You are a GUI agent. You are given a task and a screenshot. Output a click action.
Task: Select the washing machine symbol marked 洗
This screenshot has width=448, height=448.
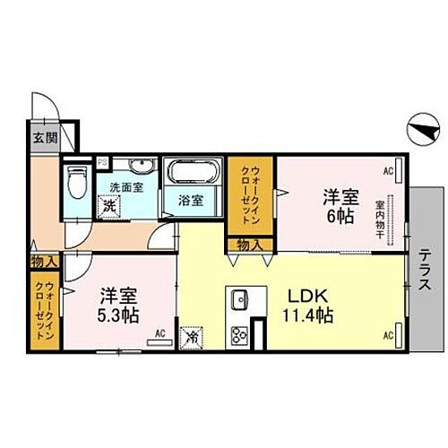[108, 204]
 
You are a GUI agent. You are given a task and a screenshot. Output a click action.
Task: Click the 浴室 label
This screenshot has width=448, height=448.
[188, 202]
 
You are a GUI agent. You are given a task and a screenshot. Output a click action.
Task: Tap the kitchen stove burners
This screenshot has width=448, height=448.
[240, 336]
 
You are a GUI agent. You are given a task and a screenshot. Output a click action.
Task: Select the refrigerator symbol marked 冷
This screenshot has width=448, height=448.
[193, 339]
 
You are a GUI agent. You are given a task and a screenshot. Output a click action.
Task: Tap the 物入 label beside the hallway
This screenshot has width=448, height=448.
[41, 262]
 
